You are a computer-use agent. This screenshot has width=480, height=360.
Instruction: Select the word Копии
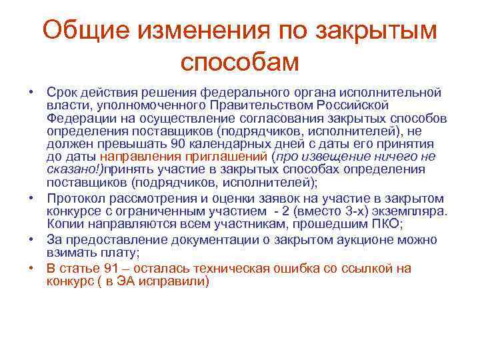[64, 225]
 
